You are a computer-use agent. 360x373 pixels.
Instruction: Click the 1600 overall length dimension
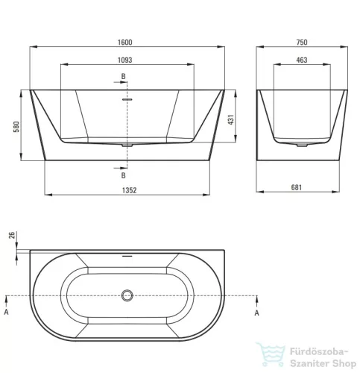coord(124,43)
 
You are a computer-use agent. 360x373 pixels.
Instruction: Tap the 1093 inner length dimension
coord(124,60)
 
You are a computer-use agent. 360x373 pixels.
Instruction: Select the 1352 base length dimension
coord(129,190)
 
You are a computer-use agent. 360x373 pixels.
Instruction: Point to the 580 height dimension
coord(16,127)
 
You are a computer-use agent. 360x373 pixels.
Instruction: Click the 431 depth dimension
coord(231,119)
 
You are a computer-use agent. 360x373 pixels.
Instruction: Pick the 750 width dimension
coord(302,43)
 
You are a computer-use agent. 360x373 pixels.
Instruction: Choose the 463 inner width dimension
coord(302,60)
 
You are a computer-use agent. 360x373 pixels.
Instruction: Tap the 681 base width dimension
coord(297,187)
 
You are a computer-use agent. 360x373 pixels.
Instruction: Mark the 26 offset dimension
coord(12,235)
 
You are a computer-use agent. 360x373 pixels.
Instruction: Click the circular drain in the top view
coord(127,295)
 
